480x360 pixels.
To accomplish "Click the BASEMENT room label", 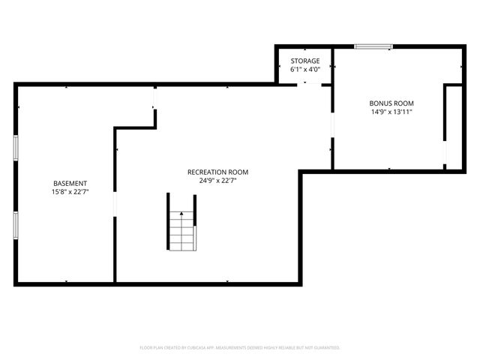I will [x=70, y=183].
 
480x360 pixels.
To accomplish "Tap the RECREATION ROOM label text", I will [x=217, y=172].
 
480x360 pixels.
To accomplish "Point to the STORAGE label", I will [x=305, y=61].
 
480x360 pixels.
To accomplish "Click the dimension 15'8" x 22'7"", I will [x=70, y=192].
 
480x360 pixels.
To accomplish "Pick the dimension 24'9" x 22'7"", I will [x=217, y=181].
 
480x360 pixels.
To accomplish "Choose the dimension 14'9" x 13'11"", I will [x=391, y=112].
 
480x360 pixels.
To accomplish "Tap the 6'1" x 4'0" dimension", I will [x=305, y=69].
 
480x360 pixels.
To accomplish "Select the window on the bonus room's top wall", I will [x=373, y=46].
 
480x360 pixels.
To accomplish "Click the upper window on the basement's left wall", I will [x=16, y=147].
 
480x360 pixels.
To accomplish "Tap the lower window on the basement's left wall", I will [x=16, y=223].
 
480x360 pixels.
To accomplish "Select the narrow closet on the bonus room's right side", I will [x=454, y=125].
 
